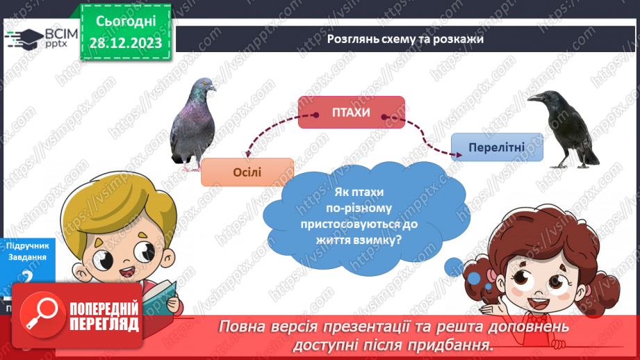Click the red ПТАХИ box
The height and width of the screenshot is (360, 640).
[351, 113]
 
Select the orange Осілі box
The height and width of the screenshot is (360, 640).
[247, 172]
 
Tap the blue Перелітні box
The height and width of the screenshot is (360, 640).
[496, 147]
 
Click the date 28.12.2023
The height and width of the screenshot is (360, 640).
[126, 43]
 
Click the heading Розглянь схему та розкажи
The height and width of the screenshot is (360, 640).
[405, 39]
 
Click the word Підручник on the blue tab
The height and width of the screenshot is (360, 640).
[27, 246]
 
